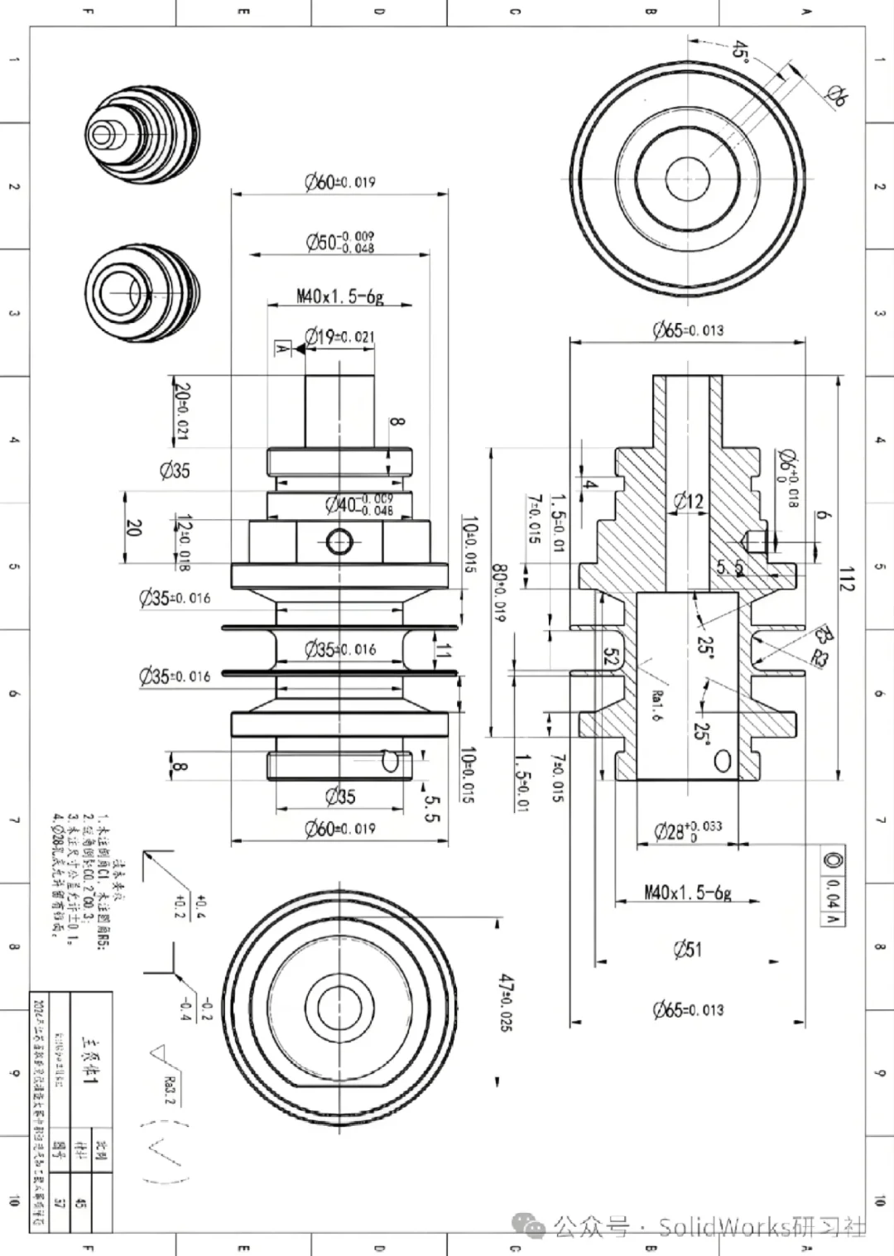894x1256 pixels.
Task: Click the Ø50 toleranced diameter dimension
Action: (339, 242)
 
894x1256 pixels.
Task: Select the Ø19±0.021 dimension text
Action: (339, 336)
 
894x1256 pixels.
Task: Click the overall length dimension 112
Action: (845, 579)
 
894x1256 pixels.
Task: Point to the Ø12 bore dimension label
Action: (688, 501)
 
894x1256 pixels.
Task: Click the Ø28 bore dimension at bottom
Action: (687, 830)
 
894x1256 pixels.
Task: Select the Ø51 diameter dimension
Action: (688, 949)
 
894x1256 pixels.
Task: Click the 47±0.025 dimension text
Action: (505, 1002)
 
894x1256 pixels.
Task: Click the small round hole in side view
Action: (339, 541)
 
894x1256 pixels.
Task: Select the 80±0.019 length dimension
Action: (500, 593)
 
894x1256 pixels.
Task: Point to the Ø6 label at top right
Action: (836, 97)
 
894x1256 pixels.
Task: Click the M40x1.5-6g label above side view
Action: (339, 296)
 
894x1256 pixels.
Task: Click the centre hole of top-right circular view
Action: (688, 180)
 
